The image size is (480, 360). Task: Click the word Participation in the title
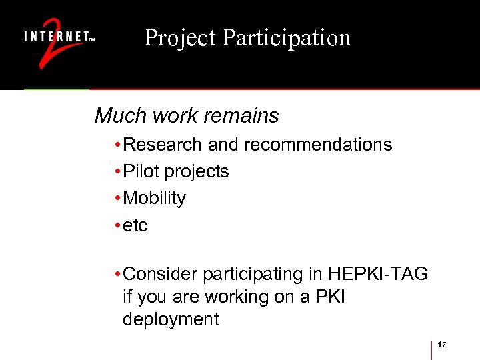pyautogui.click(x=287, y=38)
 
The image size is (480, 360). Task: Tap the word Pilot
pyautogui.click(x=141, y=171)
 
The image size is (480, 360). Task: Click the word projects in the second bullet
pyautogui.click(x=197, y=171)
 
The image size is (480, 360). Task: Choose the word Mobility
pyautogui.click(x=155, y=198)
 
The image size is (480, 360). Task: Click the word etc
pyautogui.click(x=135, y=225)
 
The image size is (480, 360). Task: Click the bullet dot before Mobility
pyautogui.click(x=117, y=199)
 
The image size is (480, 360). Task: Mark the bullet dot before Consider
pyautogui.click(x=117, y=274)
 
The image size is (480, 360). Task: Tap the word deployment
pyautogui.click(x=171, y=319)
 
